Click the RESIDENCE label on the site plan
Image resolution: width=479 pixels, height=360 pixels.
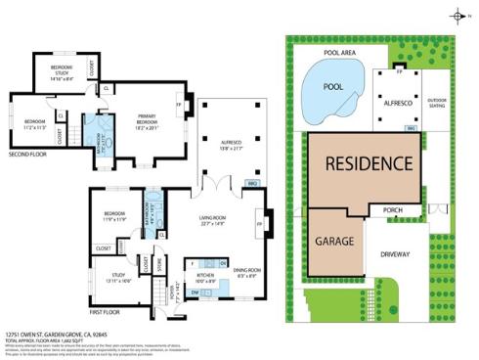368,162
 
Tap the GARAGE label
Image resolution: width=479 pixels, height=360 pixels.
334,240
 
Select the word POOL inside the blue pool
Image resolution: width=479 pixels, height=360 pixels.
333,86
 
